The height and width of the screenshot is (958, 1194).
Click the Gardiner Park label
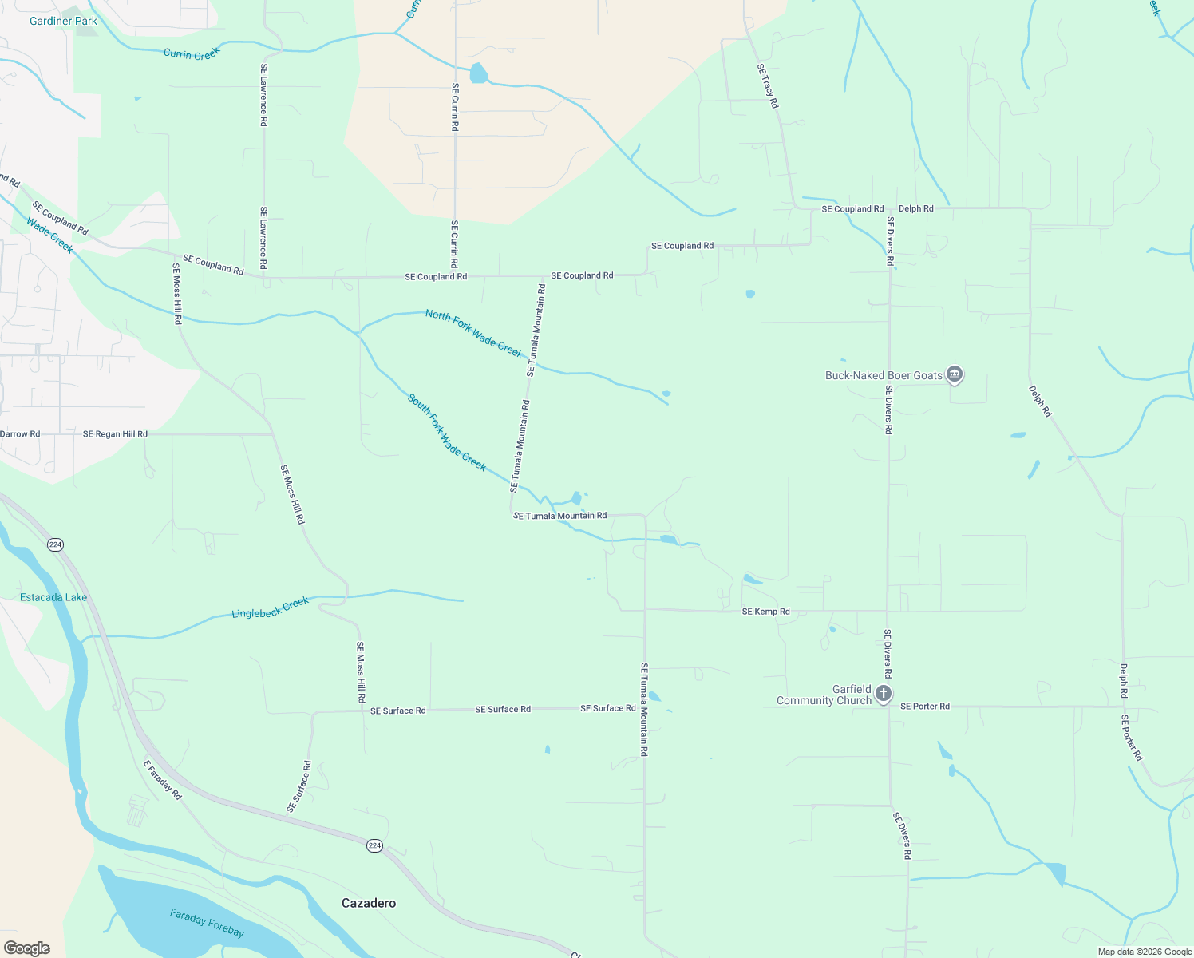[x=63, y=21]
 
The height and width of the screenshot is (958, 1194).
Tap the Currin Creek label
[x=191, y=53]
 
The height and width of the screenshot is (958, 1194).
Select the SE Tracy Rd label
[x=767, y=86]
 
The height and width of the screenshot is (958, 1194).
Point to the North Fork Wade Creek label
[x=474, y=334]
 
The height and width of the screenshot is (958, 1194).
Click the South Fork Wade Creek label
[x=446, y=432]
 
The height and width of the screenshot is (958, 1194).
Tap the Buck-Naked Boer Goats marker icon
[x=955, y=374]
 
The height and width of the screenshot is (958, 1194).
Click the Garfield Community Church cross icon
[x=883, y=693]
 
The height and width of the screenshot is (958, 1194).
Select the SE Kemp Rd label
[x=765, y=612]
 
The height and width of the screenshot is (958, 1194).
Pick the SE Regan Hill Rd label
[x=115, y=434]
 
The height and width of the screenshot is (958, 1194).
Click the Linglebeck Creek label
[x=270, y=608]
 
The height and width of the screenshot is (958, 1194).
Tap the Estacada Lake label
[x=53, y=597]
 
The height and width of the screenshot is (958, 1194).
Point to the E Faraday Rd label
[x=162, y=779]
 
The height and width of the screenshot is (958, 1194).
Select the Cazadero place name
[x=368, y=903]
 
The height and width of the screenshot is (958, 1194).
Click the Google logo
[x=26, y=948]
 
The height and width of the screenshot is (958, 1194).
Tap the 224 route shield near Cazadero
[x=374, y=845]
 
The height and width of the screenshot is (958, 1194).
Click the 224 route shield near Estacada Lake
[x=55, y=544]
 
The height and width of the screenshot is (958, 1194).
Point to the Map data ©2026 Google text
[x=1145, y=952]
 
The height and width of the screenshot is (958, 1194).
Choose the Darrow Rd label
[x=20, y=434]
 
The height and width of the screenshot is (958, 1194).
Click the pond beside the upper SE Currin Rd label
[x=478, y=73]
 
